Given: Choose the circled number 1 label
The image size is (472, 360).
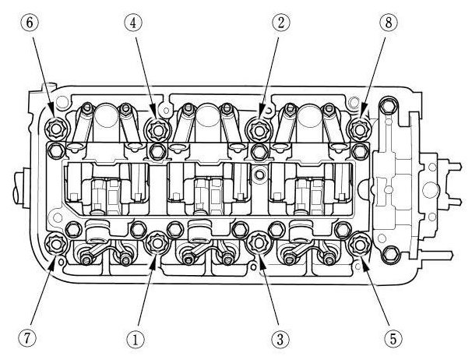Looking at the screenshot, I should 136,338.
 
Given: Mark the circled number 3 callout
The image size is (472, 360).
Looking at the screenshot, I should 277,338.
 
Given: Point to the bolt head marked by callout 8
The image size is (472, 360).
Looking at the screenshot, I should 358,128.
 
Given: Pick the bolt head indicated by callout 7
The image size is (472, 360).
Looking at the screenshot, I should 56,245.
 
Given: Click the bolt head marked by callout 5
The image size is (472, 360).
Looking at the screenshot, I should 358,245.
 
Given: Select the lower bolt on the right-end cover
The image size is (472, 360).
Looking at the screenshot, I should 391,254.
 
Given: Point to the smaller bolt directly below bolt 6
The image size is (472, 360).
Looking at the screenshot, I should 57,149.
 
